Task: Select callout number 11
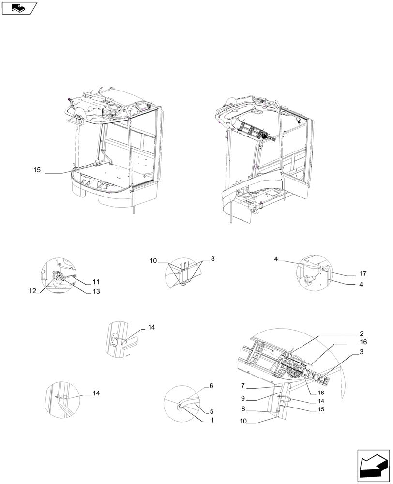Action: (96, 282)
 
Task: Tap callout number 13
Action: (96, 291)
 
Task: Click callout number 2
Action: (362, 333)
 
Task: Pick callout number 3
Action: (362, 353)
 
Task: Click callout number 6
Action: (211, 386)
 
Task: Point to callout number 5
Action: (211, 412)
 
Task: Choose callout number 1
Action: (211, 421)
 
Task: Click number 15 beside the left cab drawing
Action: (37, 170)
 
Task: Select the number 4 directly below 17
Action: (361, 285)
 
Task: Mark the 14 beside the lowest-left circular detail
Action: (96, 393)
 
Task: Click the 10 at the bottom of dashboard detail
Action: (243, 422)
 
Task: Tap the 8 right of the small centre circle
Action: (212, 259)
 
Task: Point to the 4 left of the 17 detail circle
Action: (276, 259)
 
